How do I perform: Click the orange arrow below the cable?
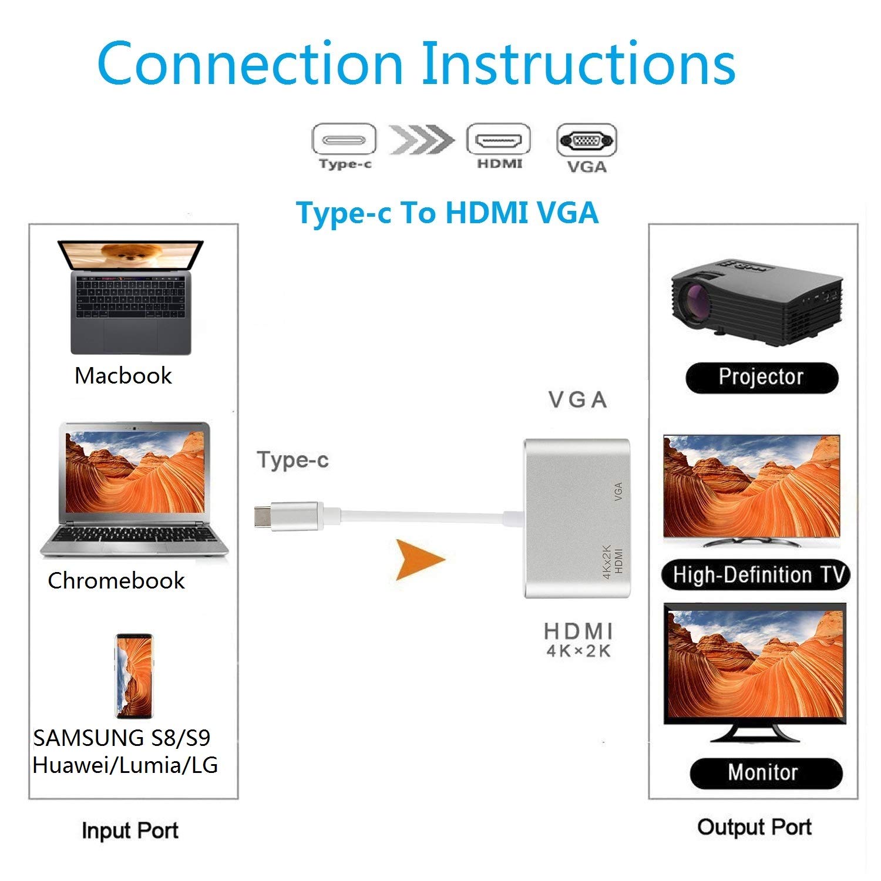coord(418,559)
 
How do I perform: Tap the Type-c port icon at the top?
coord(344,140)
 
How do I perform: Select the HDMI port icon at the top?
coord(499,140)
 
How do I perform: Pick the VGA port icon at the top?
coord(586,140)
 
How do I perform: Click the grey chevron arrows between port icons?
coord(421,140)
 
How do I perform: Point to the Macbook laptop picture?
coord(130,297)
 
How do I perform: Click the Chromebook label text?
coord(116,580)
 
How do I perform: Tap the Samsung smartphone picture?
coord(134,675)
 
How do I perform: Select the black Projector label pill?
coord(761,377)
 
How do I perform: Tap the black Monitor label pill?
coord(765,772)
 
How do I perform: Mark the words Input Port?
coord(130,830)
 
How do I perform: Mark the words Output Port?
coord(754,827)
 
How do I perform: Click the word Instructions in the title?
coord(578,63)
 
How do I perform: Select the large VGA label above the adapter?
coord(578,400)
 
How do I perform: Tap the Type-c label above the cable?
coord(292,460)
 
